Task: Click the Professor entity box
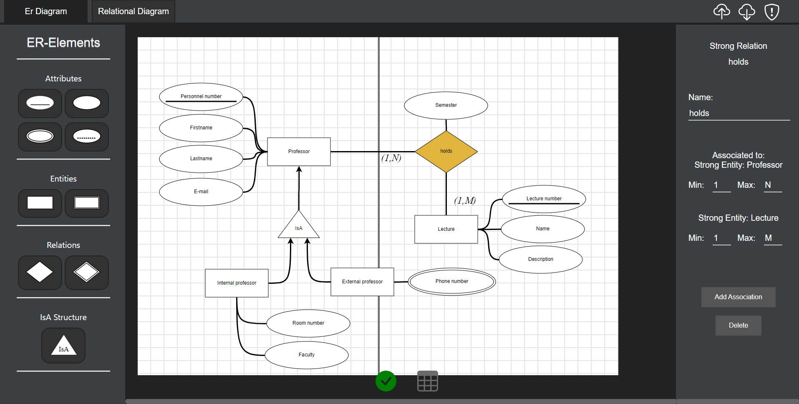coord(299,151)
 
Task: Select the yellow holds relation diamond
coord(446,151)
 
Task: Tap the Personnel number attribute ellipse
coord(201,96)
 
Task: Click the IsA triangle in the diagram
coord(299,227)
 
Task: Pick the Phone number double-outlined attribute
coord(451,281)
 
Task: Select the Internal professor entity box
coord(237,283)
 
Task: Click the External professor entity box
coord(362,282)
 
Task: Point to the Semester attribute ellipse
coord(446,105)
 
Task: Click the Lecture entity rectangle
coord(446,229)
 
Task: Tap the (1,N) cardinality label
coord(391,158)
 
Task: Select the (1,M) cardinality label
coord(465,201)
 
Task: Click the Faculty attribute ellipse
coord(307,355)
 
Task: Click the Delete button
coord(738,326)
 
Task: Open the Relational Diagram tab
coord(133,11)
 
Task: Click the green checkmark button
coord(386,381)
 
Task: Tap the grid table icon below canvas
coord(427,381)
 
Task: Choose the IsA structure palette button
coord(63,346)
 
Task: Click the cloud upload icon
coord(721,12)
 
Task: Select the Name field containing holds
coord(739,113)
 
